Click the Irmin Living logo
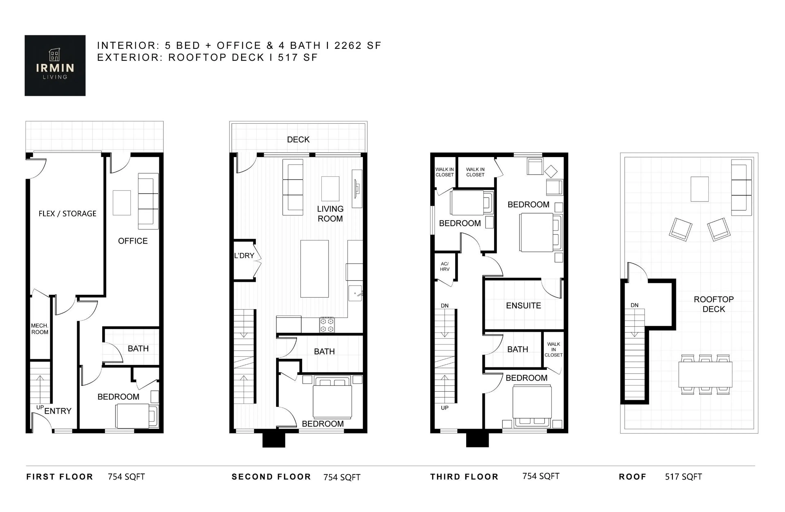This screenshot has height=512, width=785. (x=55, y=65)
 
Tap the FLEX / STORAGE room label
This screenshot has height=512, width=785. (x=67, y=214)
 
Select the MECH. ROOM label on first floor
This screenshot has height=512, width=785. (x=40, y=329)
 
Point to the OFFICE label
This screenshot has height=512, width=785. (x=133, y=241)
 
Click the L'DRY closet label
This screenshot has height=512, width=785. (x=244, y=255)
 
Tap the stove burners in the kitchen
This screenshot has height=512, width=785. (x=326, y=325)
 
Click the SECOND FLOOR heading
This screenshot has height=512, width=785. (x=271, y=477)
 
